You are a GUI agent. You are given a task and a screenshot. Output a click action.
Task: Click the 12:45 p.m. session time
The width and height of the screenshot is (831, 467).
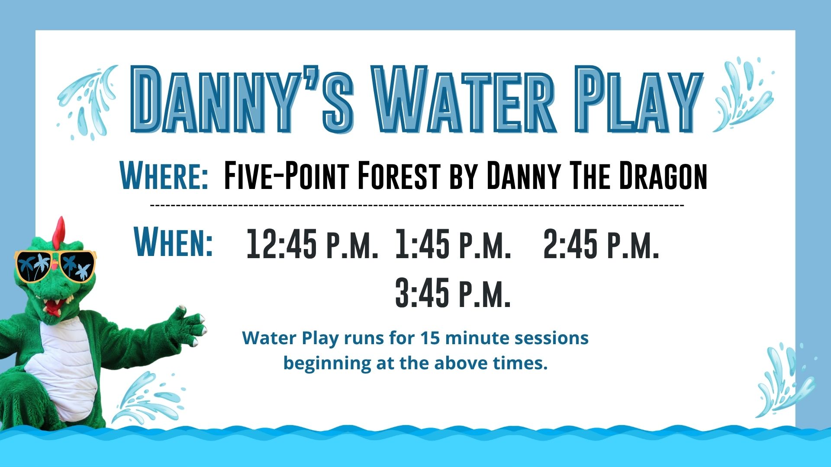312,244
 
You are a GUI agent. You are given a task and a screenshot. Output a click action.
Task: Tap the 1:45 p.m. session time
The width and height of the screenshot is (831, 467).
453,244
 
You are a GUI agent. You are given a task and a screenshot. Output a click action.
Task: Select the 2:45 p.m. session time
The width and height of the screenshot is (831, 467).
601,244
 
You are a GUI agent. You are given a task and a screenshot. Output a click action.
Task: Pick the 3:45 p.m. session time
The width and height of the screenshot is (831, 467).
453,293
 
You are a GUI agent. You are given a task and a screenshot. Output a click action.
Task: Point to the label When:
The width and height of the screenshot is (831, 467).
174,242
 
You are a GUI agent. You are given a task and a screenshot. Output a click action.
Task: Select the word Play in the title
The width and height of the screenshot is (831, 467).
640,99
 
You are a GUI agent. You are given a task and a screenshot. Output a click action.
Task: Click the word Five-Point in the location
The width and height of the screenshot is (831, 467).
286,175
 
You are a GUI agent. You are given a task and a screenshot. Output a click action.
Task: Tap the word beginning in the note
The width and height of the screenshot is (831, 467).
327,364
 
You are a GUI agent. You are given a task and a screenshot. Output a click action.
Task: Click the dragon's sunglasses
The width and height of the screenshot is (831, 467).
55,265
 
